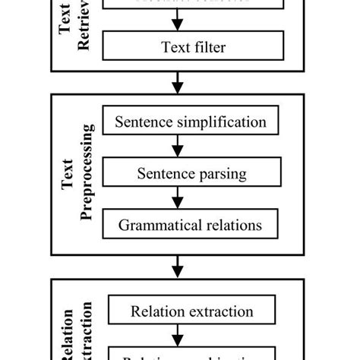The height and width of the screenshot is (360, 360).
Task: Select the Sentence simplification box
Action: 191,122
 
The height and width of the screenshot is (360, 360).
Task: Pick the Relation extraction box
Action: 191,311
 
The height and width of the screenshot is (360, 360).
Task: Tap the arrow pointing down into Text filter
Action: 178,22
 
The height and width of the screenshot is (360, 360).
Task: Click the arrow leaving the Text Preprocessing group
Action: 178,266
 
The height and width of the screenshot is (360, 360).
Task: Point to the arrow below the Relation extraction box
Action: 178,335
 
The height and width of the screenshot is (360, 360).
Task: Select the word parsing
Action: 221,174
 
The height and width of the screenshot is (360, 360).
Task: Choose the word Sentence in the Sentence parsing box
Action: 164,173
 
